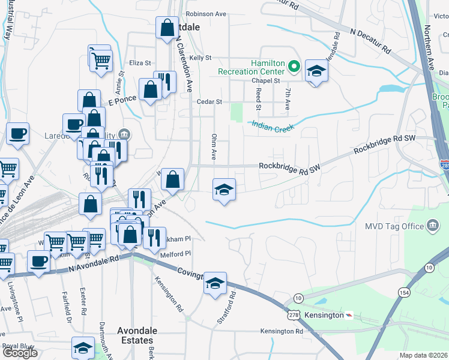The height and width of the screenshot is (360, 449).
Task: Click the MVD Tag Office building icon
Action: pyautogui.click(x=432, y=226)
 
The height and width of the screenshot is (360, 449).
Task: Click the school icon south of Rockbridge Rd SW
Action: pyautogui.click(x=224, y=190)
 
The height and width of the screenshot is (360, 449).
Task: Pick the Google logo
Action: pyautogui.click(x=20, y=353)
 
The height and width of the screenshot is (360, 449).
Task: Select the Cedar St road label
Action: pyautogui.click(x=210, y=102)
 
